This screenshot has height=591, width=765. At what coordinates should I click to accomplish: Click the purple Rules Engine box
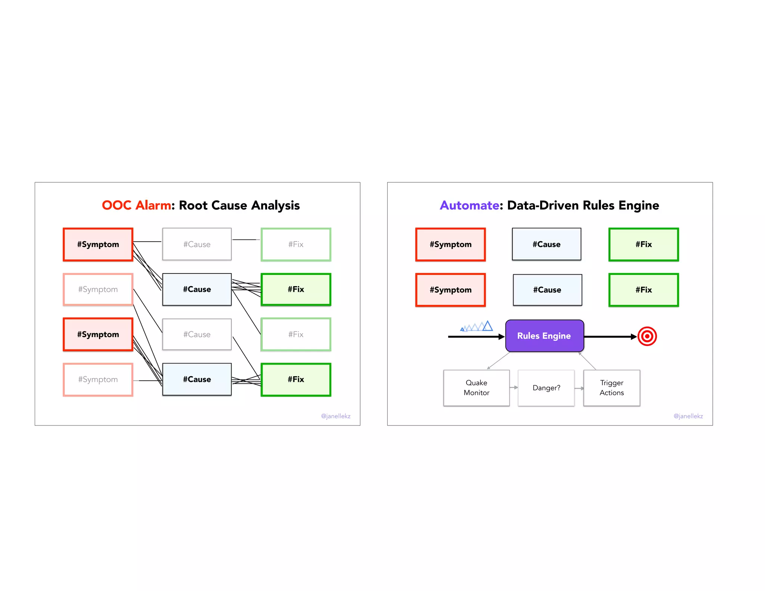[x=544, y=335]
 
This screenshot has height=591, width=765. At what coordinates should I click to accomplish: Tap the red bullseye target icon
[x=647, y=336]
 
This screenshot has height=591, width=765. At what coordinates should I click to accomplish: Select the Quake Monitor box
[x=476, y=388]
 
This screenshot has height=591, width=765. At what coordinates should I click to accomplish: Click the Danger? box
[x=546, y=388]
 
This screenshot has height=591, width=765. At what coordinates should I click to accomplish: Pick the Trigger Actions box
[x=611, y=388]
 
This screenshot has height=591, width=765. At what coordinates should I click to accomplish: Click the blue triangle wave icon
[x=477, y=327]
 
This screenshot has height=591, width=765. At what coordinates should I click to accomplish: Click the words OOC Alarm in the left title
[x=136, y=205]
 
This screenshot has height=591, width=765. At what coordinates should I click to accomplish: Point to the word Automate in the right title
[x=469, y=205]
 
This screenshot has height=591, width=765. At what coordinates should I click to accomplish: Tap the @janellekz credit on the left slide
[x=335, y=416]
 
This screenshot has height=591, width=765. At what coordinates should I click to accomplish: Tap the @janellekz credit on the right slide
[x=688, y=416]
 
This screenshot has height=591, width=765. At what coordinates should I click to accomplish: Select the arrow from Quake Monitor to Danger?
[x=514, y=387]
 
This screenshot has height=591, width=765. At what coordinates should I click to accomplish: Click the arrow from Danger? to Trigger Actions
[x=579, y=388]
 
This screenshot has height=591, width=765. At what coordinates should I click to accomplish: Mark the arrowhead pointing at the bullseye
[x=634, y=337]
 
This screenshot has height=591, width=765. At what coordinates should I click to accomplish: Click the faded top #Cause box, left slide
[x=197, y=244]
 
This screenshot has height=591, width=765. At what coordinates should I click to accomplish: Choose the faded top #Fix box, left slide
[x=296, y=244]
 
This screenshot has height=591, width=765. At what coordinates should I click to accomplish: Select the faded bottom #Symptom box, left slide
[x=98, y=380]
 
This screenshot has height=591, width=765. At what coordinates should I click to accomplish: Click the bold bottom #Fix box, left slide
[x=296, y=380]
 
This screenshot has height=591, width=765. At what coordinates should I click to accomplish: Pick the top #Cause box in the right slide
[x=546, y=244]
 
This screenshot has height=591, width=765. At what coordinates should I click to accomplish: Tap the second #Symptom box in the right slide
[x=450, y=290]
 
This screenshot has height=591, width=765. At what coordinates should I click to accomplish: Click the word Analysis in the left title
[x=275, y=205]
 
